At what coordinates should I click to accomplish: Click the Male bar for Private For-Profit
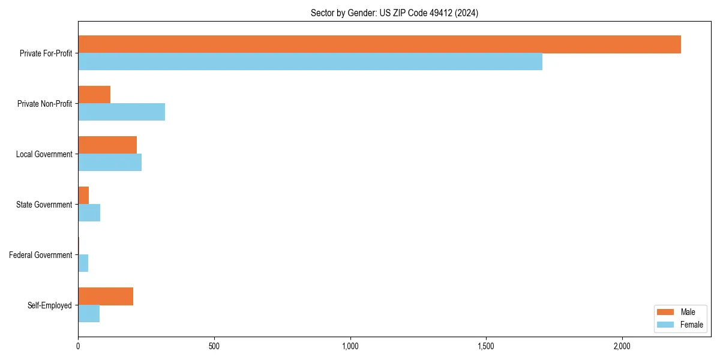point(379,44)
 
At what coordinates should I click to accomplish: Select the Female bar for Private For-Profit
point(310,62)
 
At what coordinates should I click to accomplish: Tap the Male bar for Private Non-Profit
point(94,95)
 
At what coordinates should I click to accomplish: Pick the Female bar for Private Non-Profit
point(121,112)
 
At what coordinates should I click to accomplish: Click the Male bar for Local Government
point(107,145)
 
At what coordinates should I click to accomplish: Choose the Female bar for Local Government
point(110,163)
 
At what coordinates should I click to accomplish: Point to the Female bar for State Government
point(89,213)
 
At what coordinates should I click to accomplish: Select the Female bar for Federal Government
point(83,263)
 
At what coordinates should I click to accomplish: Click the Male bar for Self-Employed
point(106,296)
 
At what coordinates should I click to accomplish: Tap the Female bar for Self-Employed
point(89,314)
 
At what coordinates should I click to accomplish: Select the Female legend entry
point(680,325)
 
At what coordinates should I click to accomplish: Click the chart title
point(394,13)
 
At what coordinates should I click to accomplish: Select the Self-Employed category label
point(50,305)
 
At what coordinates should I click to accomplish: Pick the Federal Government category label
point(41,255)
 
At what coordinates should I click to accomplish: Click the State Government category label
point(44,205)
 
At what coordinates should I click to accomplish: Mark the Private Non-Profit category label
point(45,104)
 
